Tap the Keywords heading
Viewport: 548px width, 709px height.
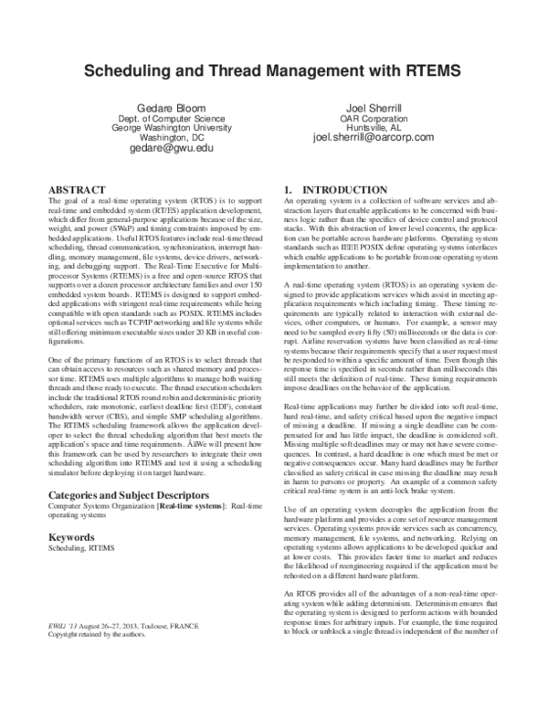coord(72,538)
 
